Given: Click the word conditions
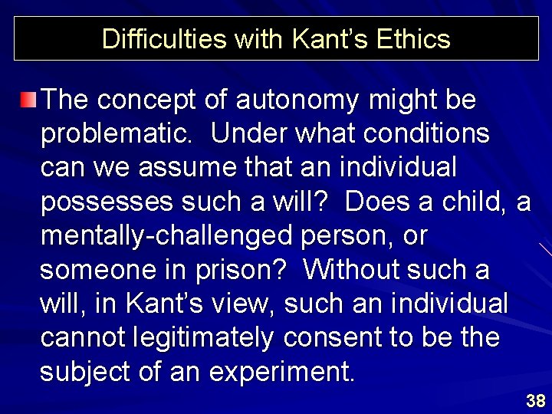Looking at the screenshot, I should (x=427, y=133).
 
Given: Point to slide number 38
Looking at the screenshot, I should (x=535, y=400).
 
